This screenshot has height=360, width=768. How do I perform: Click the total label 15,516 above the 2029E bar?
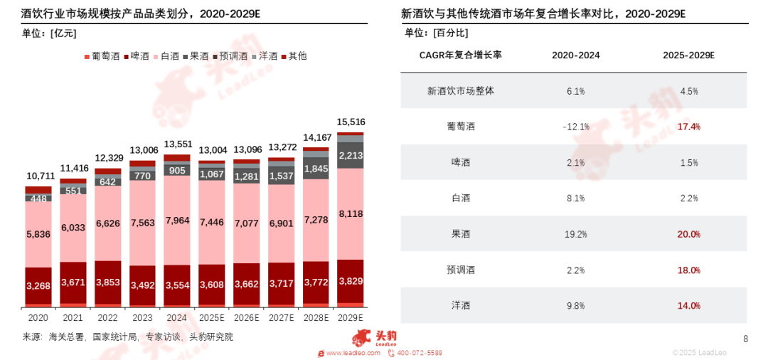pos(351,122)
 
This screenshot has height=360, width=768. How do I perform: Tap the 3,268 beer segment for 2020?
pos(38,287)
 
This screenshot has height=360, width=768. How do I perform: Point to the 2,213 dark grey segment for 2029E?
pos(351,155)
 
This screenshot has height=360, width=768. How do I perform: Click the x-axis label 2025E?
pos(212,317)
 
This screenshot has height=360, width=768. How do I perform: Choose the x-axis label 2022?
pos(107,317)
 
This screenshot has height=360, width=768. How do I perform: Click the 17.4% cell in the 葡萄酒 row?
pos(689,127)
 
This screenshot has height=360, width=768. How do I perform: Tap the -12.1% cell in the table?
pos(575,127)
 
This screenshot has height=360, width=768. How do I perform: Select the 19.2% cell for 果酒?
pos(575,234)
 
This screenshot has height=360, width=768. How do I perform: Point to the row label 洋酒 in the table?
pos(461,305)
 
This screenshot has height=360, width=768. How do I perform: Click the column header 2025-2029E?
pos(689,55)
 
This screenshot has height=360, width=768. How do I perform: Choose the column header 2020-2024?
pos(575,55)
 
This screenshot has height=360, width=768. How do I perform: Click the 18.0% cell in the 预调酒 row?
pos(689,270)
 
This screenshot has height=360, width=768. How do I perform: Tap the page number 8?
pos(745,339)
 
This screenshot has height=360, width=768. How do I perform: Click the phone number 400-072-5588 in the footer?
pos(419,353)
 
